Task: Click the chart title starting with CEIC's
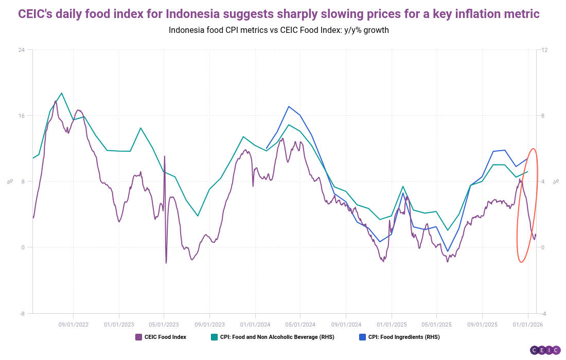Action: point(278,14)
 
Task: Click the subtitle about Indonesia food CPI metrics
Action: point(278,30)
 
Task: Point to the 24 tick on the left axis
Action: point(22,50)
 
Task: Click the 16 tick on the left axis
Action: point(22,116)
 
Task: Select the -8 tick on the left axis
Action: point(22,313)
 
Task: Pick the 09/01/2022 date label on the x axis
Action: point(74,325)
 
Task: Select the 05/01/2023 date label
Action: point(164,325)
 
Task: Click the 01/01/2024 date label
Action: point(255,325)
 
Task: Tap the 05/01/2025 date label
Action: point(437,325)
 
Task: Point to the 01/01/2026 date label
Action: point(528,325)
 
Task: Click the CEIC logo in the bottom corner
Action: point(545,350)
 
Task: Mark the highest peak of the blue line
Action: point(289,106)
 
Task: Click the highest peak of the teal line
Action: point(62,93)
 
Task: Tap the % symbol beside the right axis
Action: point(556,181)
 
